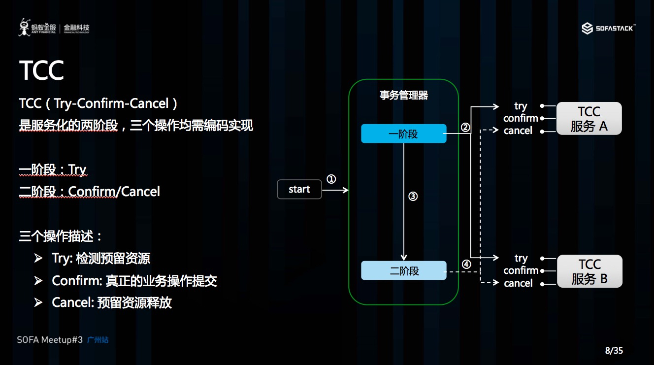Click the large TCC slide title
(x=42, y=70)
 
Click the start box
(x=299, y=189)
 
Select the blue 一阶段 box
(x=403, y=133)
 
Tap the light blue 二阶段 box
(x=403, y=270)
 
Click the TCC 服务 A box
(x=589, y=119)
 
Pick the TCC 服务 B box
(x=589, y=271)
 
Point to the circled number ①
(x=331, y=179)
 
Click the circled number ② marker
(x=465, y=127)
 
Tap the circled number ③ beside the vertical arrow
(x=413, y=196)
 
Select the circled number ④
(x=466, y=264)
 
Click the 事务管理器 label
(x=403, y=96)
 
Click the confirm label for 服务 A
(x=521, y=118)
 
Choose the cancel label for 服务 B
(x=518, y=283)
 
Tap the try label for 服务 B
(x=521, y=258)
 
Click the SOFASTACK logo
(x=608, y=29)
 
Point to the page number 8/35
(x=614, y=351)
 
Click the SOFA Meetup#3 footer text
(x=49, y=340)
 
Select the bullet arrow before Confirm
(x=38, y=281)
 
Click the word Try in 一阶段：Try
(x=77, y=170)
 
